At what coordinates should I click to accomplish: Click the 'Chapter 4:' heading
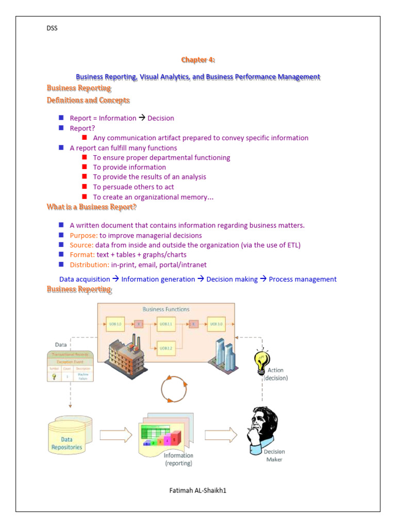pos(197,60)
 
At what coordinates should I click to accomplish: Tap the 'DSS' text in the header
pos(52,28)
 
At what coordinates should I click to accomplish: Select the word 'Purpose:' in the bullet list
pos(84,236)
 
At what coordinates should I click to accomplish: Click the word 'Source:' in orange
pos(81,245)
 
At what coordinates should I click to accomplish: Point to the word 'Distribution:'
pos(89,265)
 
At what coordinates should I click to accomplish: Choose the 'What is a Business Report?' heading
pos(91,207)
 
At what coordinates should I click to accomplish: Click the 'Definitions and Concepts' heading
pos(88,101)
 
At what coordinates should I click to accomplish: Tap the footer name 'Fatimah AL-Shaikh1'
pos(197,490)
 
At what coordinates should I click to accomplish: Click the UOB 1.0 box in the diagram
pos(115,324)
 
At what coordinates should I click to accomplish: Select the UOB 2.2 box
pos(166,349)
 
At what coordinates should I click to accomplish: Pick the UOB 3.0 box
pos(216,324)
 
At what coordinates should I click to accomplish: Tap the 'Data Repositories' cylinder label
pos(67,443)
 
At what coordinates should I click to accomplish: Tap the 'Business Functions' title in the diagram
pos(166,309)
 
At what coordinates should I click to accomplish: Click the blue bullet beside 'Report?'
pos(61,128)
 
